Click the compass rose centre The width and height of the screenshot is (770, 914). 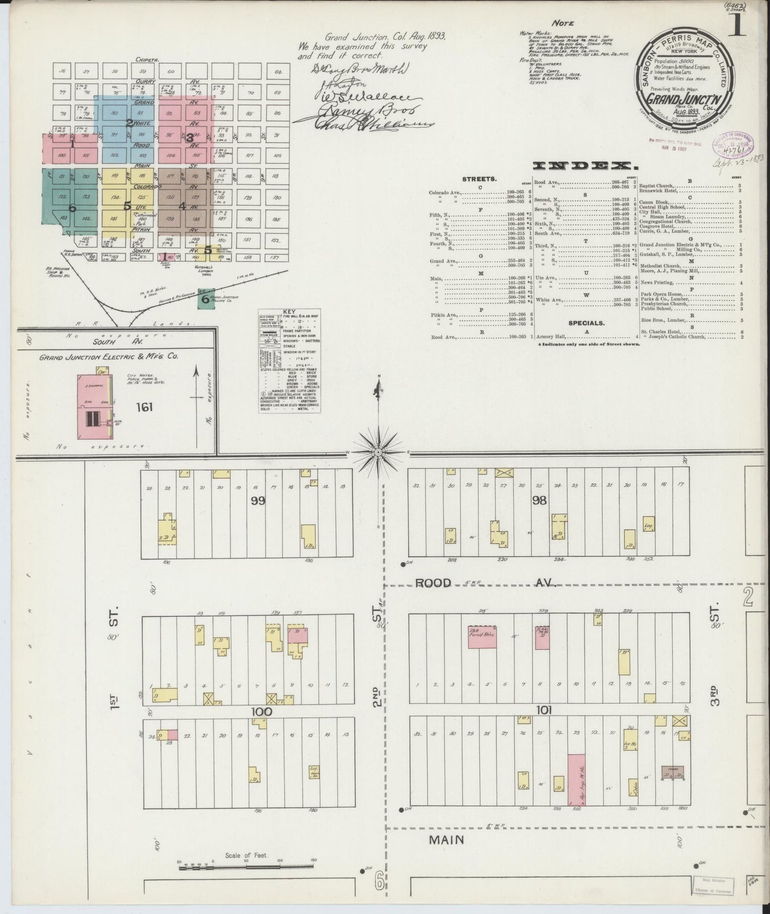pos(378,452)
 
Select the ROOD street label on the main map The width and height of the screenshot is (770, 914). pos(433,583)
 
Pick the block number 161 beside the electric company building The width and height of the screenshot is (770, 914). pos(144,407)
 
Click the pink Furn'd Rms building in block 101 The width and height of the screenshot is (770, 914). pos(482,637)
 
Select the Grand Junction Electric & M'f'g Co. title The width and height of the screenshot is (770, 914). pos(108,357)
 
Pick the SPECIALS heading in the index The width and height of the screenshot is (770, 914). pos(586,323)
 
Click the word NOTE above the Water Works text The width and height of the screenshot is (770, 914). pos(563,23)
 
